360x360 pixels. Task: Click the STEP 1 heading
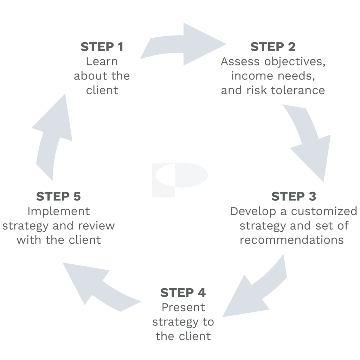[x=102, y=47]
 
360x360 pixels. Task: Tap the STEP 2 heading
[x=273, y=47]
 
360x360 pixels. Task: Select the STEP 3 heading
[x=294, y=197]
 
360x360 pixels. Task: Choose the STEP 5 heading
[x=58, y=197]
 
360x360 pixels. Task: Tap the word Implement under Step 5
[x=58, y=211]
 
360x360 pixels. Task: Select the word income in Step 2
[x=249, y=76]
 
